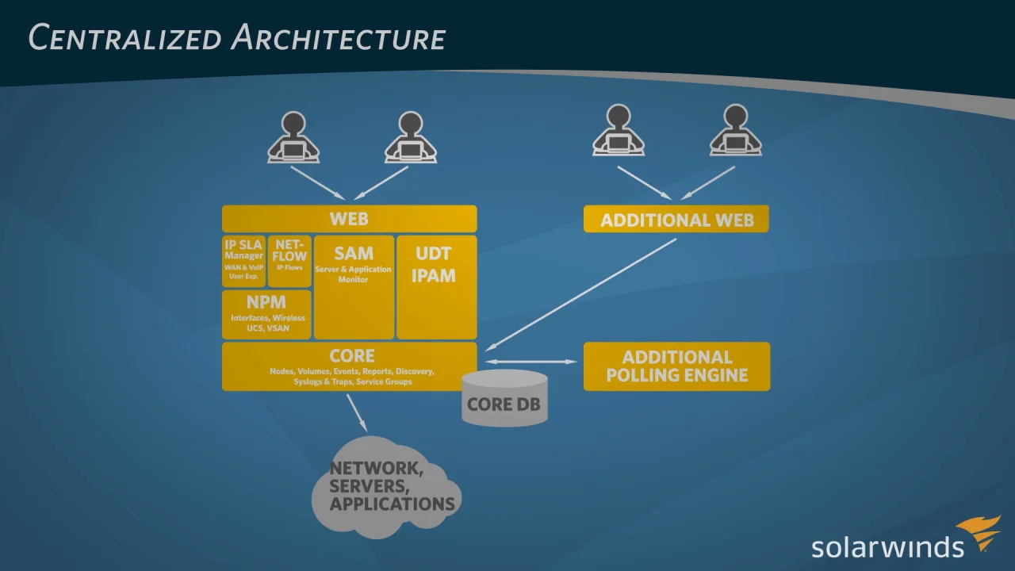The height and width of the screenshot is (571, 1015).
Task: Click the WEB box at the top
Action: (349, 219)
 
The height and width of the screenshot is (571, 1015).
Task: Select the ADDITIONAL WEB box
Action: (676, 220)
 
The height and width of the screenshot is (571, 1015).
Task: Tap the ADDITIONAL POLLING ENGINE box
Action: (676, 366)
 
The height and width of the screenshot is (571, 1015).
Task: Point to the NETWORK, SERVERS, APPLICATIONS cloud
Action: (388, 486)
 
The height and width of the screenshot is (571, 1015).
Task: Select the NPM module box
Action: (266, 314)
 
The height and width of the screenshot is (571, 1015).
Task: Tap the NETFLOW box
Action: (289, 260)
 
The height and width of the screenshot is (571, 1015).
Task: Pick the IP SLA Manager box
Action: (244, 260)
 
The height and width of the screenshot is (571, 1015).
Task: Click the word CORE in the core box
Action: (352, 356)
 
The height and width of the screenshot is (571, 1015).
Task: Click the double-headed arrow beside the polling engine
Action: (530, 362)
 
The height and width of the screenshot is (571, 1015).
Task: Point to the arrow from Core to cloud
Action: (357, 412)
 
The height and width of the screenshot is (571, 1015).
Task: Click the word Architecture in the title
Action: (339, 37)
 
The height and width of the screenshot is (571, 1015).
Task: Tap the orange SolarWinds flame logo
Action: (979, 533)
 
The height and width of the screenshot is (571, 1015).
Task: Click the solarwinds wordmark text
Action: (887, 546)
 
